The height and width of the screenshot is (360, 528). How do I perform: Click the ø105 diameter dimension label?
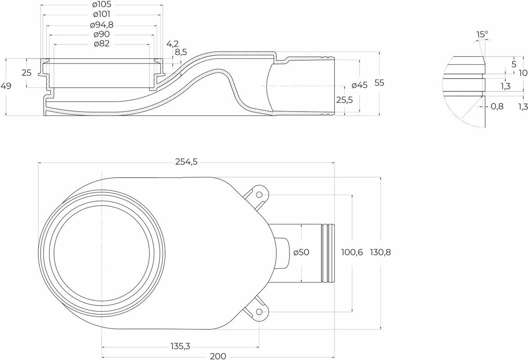pos(101,4)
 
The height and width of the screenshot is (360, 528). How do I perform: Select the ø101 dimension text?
pos(101,14)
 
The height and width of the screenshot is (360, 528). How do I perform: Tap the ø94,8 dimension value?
pos(101,25)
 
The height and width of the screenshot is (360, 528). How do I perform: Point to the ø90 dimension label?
pos(101,34)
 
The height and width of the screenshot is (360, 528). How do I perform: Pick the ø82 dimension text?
pos(101,44)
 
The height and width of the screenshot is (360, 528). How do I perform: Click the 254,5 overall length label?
pos(186,162)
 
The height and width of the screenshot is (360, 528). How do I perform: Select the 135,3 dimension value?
pos(180,346)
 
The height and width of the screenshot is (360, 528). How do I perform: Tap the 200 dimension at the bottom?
pos(218,356)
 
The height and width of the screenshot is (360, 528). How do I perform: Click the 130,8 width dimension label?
pos(380,252)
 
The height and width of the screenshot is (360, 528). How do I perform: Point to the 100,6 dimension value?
pos(352,252)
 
